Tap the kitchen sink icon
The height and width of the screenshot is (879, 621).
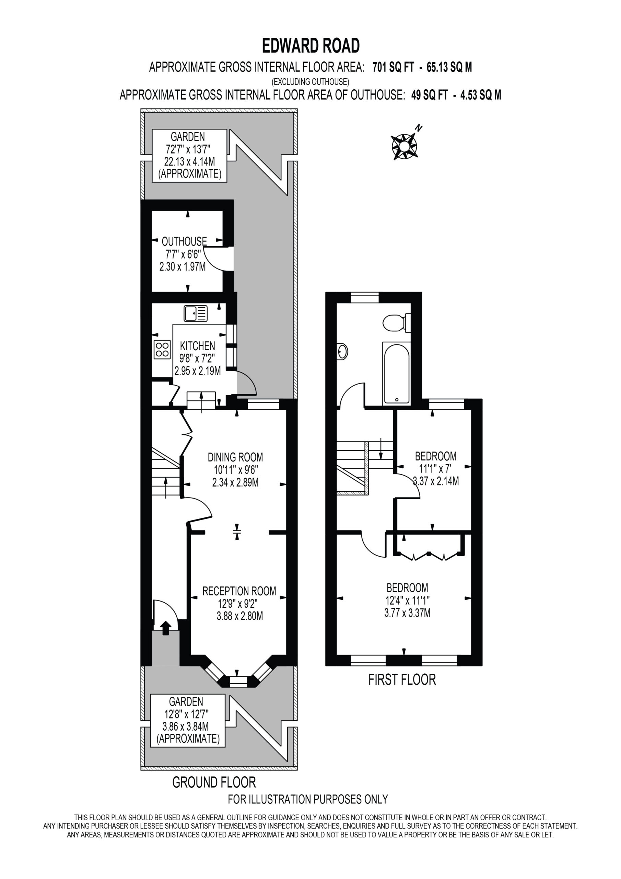pos(196,313)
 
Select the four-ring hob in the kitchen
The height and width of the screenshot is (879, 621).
pos(162,350)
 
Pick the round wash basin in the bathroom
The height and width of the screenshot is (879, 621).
pos(342,352)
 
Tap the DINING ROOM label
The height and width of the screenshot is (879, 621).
pos(235,457)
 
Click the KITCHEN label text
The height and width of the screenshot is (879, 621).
pos(197,346)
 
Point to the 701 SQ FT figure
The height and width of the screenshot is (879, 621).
pos(393,67)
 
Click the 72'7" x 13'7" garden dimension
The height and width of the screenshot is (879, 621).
pos(188,149)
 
